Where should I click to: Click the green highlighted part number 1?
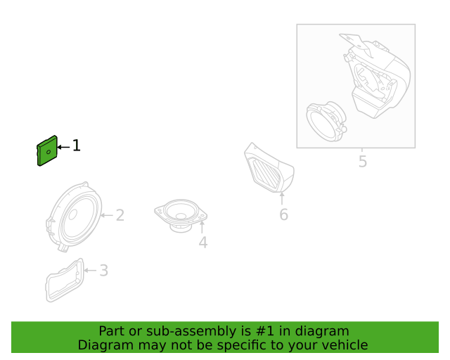(47, 150)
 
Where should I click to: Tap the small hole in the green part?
(49, 152)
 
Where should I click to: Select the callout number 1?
(77, 146)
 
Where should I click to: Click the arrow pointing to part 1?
(63, 147)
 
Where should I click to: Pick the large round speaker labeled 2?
(74, 217)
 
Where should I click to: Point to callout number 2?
(120, 215)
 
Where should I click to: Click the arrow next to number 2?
(107, 215)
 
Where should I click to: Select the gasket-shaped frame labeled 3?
(65, 280)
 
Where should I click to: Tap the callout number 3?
(103, 271)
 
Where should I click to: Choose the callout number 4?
(203, 243)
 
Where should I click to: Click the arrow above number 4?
(202, 227)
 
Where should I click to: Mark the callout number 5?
(363, 161)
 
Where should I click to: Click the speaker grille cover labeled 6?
(269, 168)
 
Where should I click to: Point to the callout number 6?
(283, 214)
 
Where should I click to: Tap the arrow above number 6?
(282, 198)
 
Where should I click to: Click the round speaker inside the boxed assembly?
(326, 122)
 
